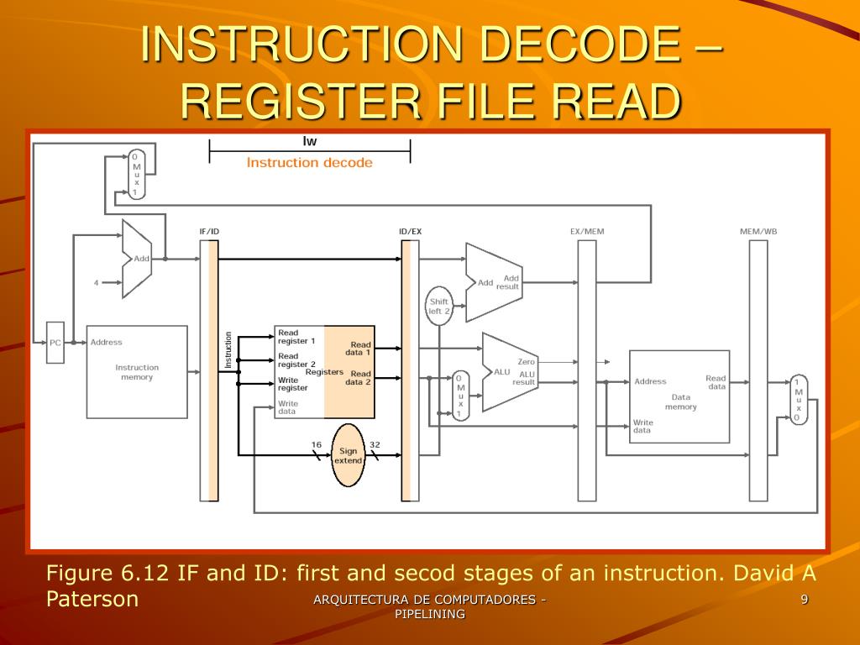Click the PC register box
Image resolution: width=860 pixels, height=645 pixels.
click(x=55, y=342)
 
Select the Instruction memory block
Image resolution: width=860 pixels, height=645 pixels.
click(x=137, y=372)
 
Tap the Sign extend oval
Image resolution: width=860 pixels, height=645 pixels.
click(x=348, y=455)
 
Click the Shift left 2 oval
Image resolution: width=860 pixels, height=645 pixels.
click(x=439, y=306)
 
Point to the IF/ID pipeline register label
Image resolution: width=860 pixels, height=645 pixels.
click(x=209, y=231)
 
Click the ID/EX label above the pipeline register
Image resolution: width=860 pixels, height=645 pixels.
click(x=410, y=231)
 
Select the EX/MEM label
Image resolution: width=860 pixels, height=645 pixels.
click(x=587, y=231)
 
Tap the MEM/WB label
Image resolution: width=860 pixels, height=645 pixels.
click(x=758, y=231)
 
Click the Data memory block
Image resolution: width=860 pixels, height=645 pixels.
click(x=679, y=396)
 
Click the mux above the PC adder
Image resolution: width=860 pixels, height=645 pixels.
click(x=135, y=175)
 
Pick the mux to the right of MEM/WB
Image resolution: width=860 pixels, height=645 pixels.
click(x=798, y=399)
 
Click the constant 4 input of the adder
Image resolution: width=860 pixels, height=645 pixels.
click(x=96, y=283)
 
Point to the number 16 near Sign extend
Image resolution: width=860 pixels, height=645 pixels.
click(x=316, y=444)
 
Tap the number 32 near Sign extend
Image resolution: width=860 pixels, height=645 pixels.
click(x=375, y=444)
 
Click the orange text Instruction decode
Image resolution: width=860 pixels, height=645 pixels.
click(x=309, y=162)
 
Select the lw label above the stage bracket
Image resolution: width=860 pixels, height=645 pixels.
click(x=310, y=141)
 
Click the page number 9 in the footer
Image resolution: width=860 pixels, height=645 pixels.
click(x=804, y=599)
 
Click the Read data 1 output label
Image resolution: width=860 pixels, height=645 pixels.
click(x=360, y=349)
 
